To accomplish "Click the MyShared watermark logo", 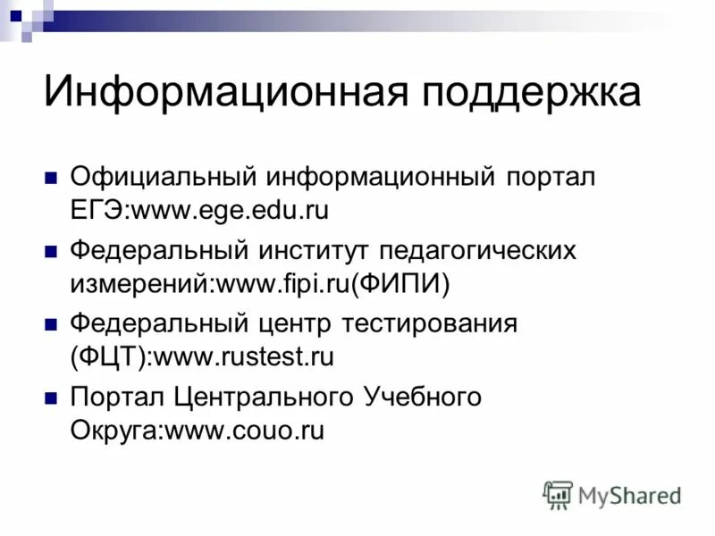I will [613, 494].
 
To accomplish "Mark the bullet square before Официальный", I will [52, 176].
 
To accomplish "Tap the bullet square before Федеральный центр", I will [52, 322].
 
